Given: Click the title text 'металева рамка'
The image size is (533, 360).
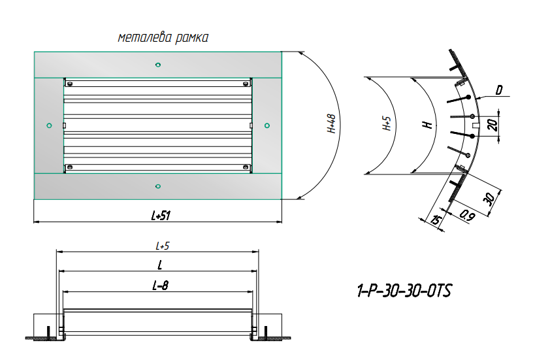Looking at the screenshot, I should (x=163, y=38).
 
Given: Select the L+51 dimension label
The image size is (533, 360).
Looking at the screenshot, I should (x=157, y=215).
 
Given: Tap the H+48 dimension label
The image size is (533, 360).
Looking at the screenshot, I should (x=331, y=124).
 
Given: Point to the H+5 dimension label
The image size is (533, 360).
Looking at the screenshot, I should (x=387, y=124).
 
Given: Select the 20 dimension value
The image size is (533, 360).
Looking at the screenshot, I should (x=494, y=124).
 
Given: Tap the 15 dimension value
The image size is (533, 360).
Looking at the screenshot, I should (x=434, y=220).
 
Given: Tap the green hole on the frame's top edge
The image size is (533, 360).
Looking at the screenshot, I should (x=157, y=64).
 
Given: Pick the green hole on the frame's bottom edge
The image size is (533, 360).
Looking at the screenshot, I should (x=157, y=187).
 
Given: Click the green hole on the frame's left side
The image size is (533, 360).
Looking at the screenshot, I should (x=49, y=125).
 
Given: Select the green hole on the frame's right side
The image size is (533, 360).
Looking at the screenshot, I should (x=266, y=125).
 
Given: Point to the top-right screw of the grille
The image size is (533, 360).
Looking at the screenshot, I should (x=244, y=84).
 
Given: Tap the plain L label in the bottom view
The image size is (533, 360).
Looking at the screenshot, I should (x=159, y=265).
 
